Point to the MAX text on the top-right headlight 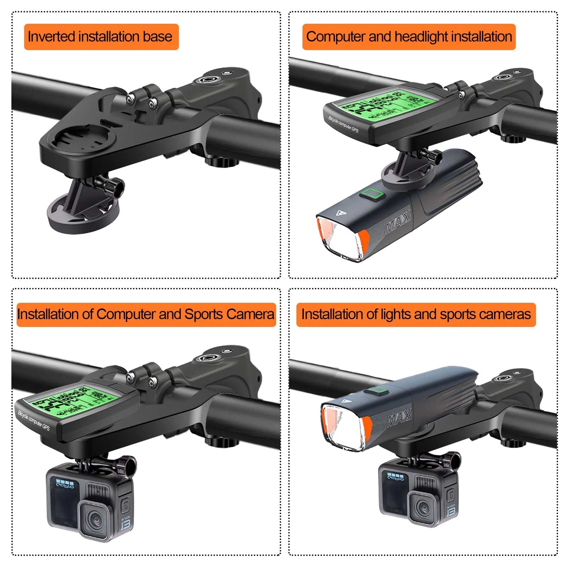tap(398, 222)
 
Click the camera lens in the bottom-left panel tap(95, 519)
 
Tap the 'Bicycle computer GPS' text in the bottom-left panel tap(34, 420)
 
